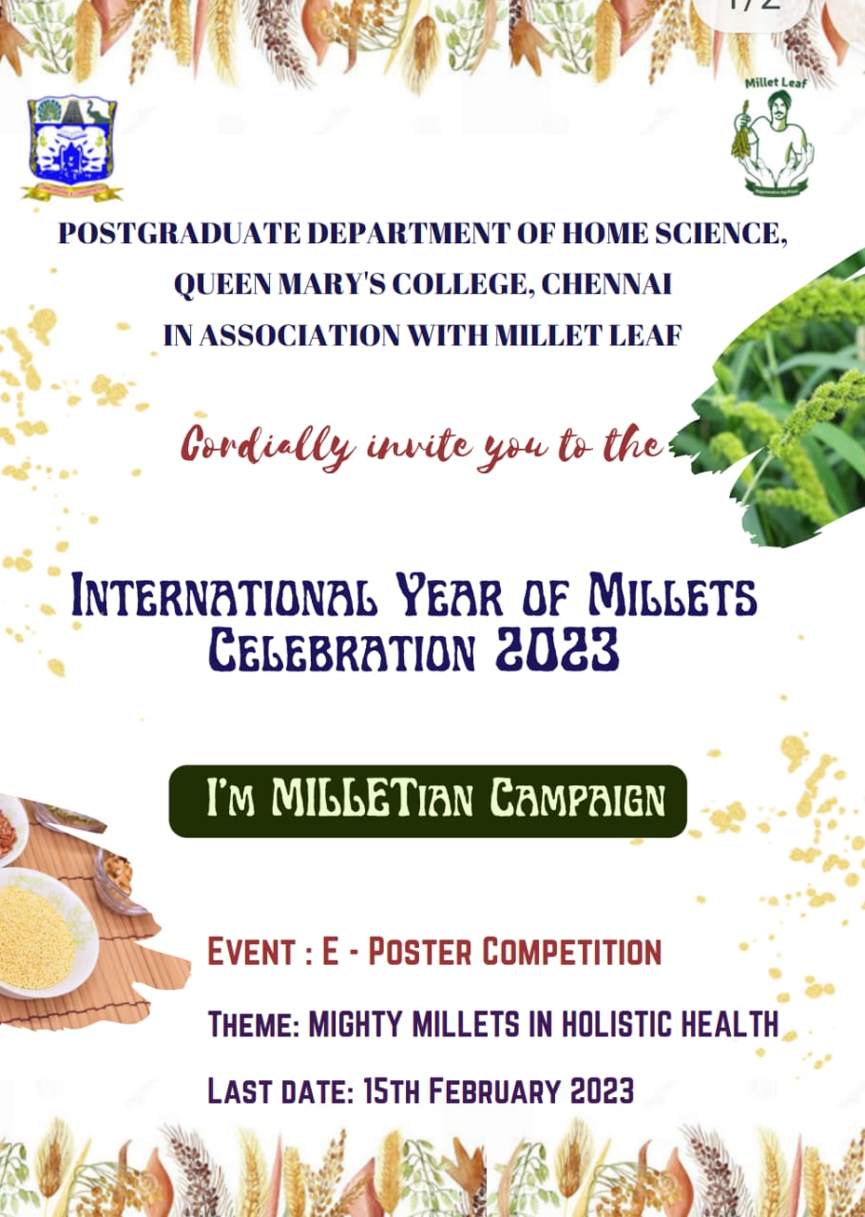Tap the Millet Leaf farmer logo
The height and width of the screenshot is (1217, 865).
[x=773, y=137]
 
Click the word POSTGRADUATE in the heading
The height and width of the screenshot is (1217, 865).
[x=179, y=234]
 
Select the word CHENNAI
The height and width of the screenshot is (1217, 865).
[x=606, y=283]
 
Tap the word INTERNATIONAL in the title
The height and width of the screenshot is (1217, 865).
[x=224, y=596]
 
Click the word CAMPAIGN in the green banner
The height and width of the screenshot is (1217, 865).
[x=577, y=800]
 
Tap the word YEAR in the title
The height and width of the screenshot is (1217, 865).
[x=450, y=596]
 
